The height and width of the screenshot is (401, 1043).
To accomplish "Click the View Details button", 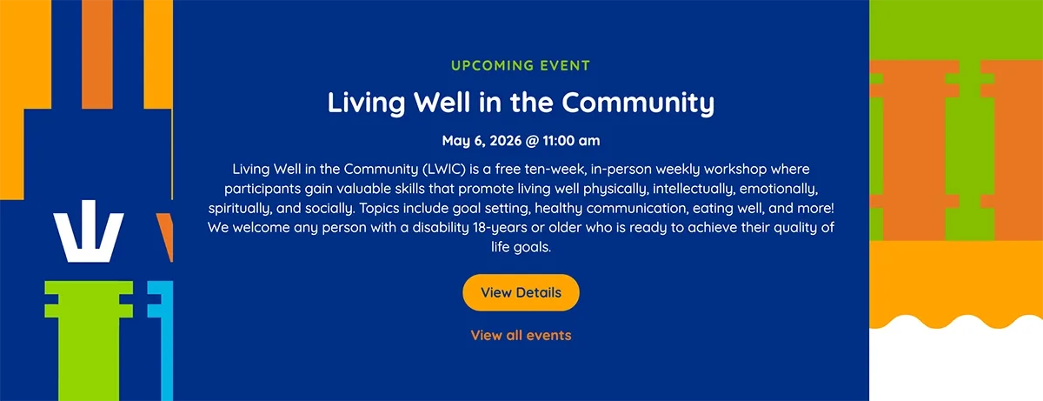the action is coord(521,292).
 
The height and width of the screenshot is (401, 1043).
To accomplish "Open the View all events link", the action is coord(521,336).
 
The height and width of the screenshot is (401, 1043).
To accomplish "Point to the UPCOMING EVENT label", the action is coord(521,65).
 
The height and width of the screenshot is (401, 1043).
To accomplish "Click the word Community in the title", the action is coord(638,104).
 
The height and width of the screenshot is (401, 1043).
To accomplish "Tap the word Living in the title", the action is coord(366,104).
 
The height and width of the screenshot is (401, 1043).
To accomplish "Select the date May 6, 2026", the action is coord(482,141).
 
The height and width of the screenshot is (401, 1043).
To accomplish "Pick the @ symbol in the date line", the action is coord(532,141).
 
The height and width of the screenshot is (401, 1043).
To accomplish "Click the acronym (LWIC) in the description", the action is coord(444,169).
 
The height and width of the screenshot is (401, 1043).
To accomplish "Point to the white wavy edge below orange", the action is coord(956,358).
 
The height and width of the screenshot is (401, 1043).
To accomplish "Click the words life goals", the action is coord(521,248).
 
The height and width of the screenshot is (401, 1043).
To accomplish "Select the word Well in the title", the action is coord(442,103).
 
